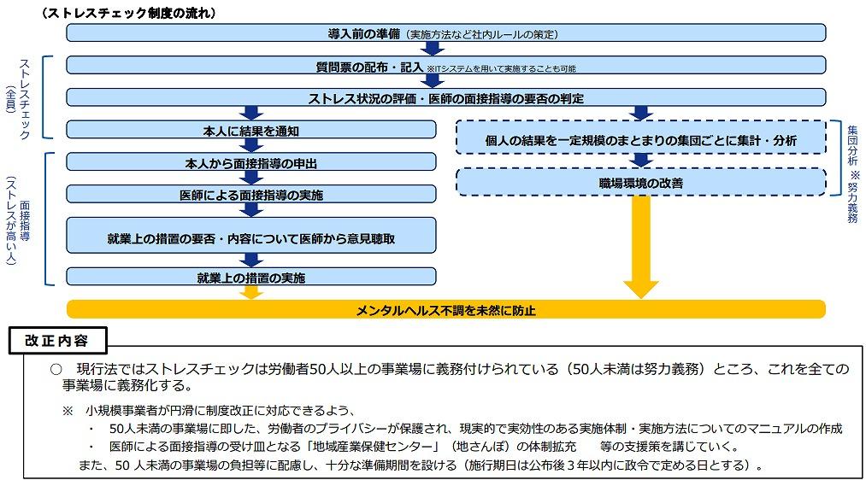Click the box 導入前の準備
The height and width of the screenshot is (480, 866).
(x=445, y=33)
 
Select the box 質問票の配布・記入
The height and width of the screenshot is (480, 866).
(x=445, y=66)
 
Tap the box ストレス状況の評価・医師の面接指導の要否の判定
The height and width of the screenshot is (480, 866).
(x=445, y=98)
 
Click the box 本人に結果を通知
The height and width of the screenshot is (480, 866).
(x=250, y=131)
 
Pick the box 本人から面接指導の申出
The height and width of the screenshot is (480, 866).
(x=250, y=162)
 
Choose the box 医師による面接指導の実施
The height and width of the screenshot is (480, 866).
(x=250, y=195)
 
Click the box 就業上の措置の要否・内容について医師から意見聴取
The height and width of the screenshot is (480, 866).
(x=250, y=238)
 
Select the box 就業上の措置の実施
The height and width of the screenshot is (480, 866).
(x=250, y=277)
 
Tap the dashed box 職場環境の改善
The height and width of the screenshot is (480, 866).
(x=641, y=182)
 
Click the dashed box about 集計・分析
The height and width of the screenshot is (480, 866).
(x=641, y=138)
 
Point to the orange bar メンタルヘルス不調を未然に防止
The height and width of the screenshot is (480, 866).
(x=445, y=309)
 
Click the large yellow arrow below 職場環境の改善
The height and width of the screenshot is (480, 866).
(x=641, y=256)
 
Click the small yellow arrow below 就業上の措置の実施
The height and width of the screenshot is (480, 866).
(x=250, y=292)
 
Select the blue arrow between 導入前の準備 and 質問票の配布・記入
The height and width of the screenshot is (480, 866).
(x=433, y=49)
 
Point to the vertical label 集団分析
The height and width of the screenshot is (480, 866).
(x=852, y=145)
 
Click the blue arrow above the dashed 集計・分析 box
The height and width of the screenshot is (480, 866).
(x=641, y=113)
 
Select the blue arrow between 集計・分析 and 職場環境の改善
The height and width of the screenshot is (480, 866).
(x=641, y=160)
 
